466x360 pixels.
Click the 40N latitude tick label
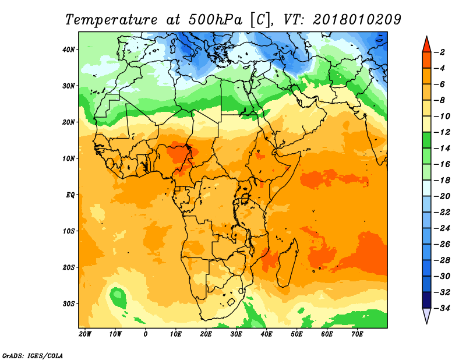(68, 50)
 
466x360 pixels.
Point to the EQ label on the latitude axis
(70, 195)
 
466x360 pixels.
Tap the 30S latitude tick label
(68, 304)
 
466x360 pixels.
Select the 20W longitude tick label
(85, 334)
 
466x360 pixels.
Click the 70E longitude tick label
(357, 334)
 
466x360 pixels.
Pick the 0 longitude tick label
(145, 334)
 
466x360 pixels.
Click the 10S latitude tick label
(68, 231)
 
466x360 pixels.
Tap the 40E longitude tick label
(266, 334)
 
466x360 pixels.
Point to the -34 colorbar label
(442, 308)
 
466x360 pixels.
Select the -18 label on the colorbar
(442, 180)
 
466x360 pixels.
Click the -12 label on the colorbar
(442, 132)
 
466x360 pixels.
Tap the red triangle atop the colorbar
(426, 45)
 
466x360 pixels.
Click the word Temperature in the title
(111, 20)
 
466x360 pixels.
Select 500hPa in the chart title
(215, 20)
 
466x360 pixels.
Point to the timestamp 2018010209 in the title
(357, 20)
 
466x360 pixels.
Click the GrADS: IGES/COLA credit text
(33, 355)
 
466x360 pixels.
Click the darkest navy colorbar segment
(426, 300)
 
